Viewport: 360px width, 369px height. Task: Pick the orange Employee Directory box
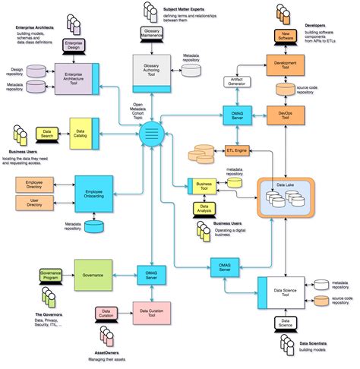click(x=33, y=185)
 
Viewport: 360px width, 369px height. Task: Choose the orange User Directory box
click(x=33, y=203)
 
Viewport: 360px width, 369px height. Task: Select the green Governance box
click(x=93, y=271)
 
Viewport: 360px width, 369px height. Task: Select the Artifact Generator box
click(x=238, y=81)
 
